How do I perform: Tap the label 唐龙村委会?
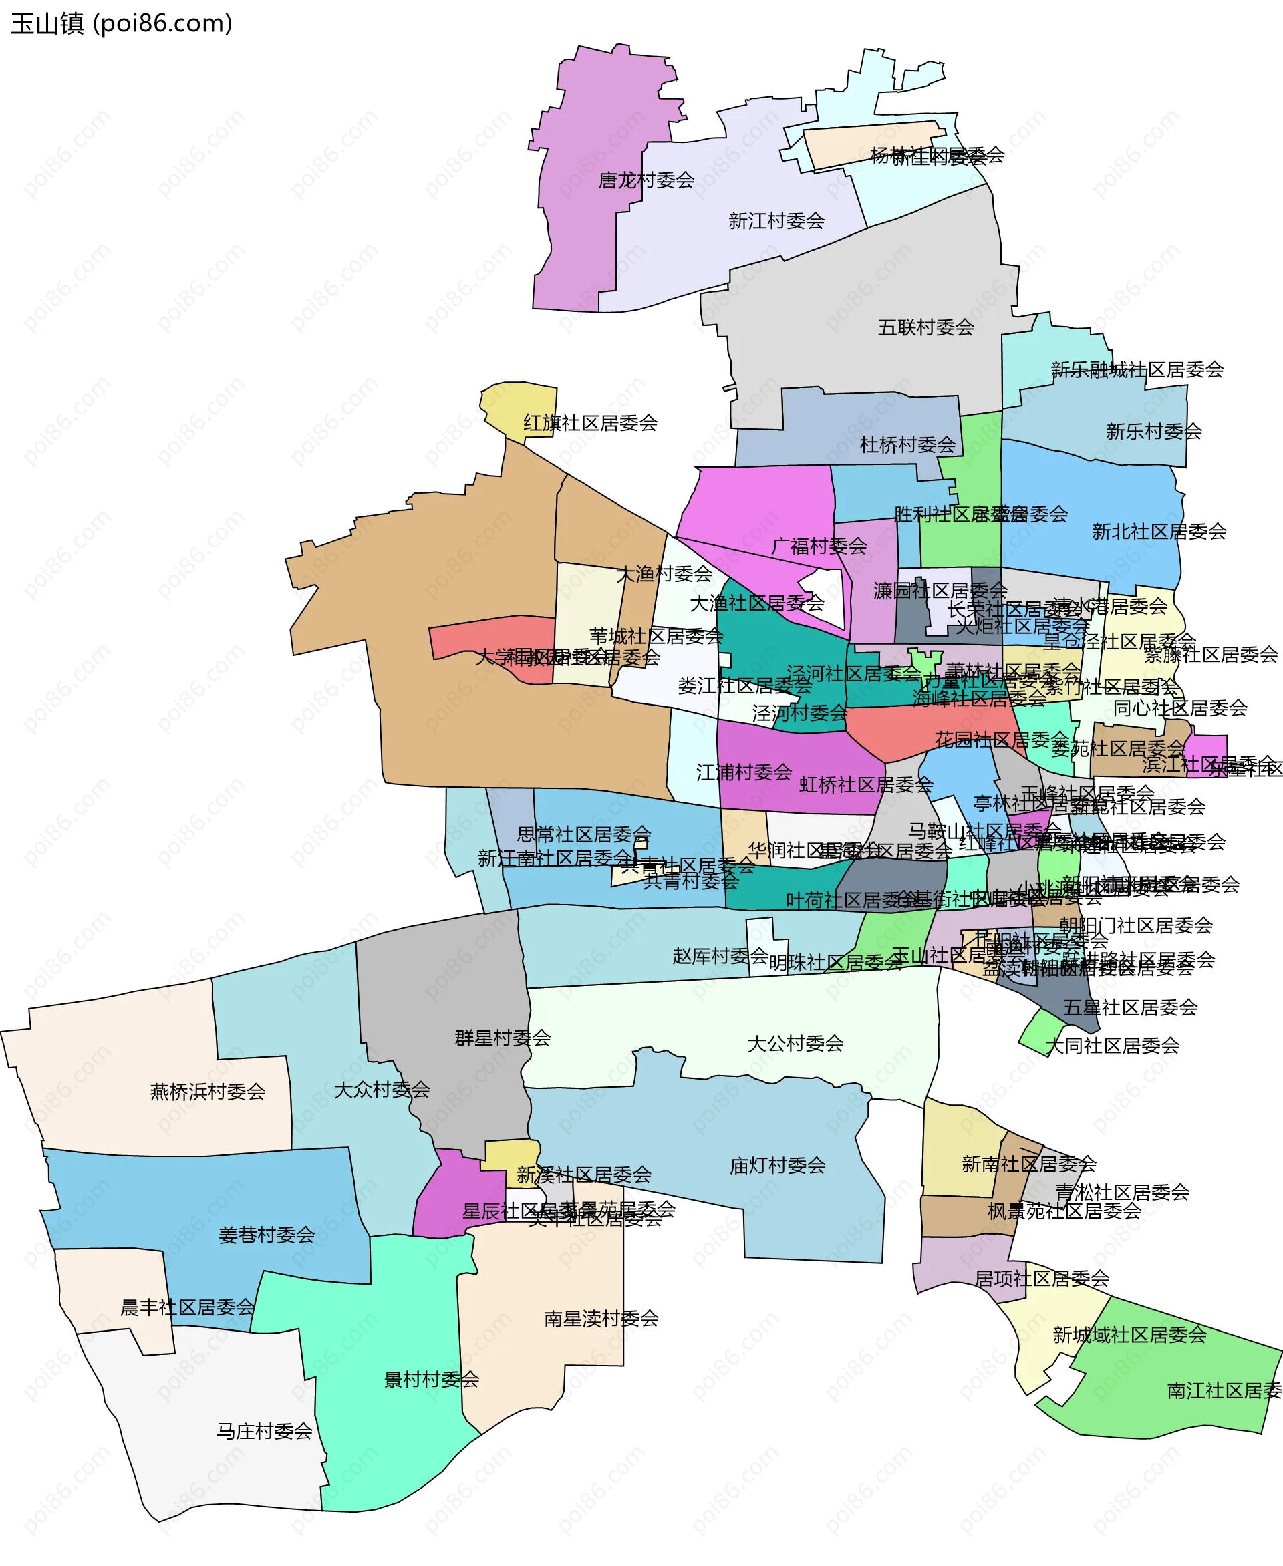(x=646, y=180)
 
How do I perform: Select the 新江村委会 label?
(x=776, y=221)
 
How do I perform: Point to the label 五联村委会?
(x=925, y=327)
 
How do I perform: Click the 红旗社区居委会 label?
(x=590, y=423)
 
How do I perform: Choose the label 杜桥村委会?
(x=907, y=445)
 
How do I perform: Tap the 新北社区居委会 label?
(x=1159, y=531)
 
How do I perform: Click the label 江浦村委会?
(x=744, y=772)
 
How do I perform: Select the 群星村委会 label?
(x=503, y=1038)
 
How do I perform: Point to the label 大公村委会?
(x=795, y=1044)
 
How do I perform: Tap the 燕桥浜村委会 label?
(x=208, y=1092)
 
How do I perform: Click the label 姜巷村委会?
(x=266, y=1235)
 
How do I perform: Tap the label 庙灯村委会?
(x=778, y=1166)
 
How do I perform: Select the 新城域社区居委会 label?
(x=1129, y=1335)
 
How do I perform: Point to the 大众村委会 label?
(x=382, y=1090)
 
